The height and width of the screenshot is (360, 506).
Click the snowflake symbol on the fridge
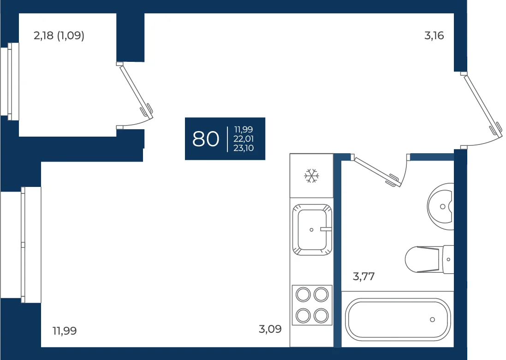tap(311, 176)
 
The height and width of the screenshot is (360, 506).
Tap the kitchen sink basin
tap(312, 229)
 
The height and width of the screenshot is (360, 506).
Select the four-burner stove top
tap(312, 305)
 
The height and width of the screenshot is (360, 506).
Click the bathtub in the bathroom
tap(398, 319)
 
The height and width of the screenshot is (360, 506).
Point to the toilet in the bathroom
tap(429, 259)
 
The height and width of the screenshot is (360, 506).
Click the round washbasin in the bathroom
tap(441, 206)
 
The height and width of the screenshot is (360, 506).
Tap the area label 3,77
tap(363, 277)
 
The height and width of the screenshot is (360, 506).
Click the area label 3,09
tap(270, 330)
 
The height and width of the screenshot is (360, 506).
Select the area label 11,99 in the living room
tap(65, 331)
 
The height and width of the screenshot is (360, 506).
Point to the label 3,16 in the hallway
tap(434, 36)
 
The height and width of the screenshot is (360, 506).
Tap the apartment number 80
tap(206, 139)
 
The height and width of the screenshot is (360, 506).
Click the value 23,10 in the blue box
tap(244, 148)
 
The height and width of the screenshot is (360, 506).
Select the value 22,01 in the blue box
tap(244, 139)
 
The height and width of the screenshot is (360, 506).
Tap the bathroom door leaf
tap(376, 171)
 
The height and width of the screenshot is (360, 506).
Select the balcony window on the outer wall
tap(10, 81)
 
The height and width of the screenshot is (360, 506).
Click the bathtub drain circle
tap(432, 320)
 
